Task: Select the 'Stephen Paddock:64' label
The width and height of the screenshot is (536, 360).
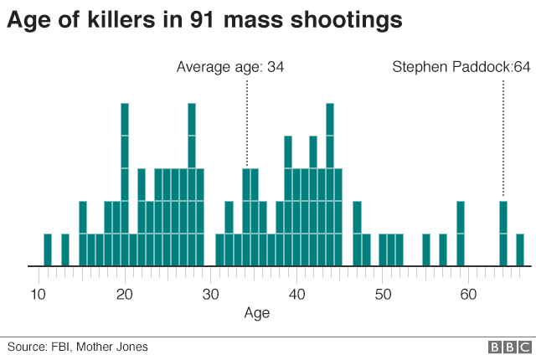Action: click(x=461, y=66)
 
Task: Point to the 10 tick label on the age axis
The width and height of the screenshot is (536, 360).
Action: click(x=38, y=294)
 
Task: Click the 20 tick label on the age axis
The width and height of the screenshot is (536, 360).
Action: click(x=125, y=294)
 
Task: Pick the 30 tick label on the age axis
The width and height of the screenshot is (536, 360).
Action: click(x=211, y=294)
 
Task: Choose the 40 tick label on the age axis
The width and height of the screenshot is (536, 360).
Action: click(x=297, y=294)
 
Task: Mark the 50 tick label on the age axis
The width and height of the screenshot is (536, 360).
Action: click(x=384, y=294)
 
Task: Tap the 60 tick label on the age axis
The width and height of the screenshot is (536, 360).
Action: click(x=469, y=294)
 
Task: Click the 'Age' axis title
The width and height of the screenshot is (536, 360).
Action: click(x=256, y=313)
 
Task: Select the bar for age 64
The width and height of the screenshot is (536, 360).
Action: click(x=503, y=234)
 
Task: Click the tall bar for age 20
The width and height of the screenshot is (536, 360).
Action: click(x=125, y=184)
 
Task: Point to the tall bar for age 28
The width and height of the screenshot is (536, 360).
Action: click(x=192, y=184)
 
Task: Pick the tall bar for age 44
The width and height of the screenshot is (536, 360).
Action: click(x=330, y=184)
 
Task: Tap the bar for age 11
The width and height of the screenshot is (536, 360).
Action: click(x=48, y=249)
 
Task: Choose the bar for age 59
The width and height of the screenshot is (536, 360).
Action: click(x=461, y=234)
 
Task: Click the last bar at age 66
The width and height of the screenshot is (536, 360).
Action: click(x=520, y=249)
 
